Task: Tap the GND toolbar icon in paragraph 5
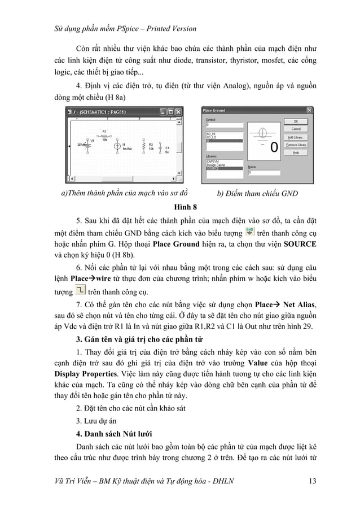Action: coord(250,233)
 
